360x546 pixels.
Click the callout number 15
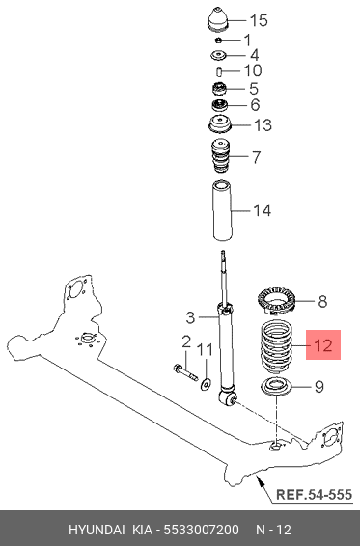[x=259, y=20]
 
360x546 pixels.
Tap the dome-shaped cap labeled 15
[x=218, y=19]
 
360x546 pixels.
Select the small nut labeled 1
[x=218, y=41]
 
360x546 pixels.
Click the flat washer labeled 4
[x=218, y=55]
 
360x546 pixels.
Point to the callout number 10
[x=253, y=70]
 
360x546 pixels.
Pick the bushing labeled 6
[x=219, y=105]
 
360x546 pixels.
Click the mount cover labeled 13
[x=219, y=125]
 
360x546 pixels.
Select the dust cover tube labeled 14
[x=222, y=210]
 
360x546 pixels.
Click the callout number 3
[x=190, y=317]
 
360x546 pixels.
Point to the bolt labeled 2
[x=185, y=372]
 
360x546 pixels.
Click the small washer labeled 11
[x=206, y=385]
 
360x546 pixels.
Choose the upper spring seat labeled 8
[x=277, y=299]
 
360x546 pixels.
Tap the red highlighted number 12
[x=323, y=345]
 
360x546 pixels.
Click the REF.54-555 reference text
[x=314, y=495]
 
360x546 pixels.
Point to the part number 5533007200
[x=201, y=530]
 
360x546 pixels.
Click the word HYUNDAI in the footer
[x=97, y=530]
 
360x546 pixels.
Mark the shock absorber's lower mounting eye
[x=228, y=397]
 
